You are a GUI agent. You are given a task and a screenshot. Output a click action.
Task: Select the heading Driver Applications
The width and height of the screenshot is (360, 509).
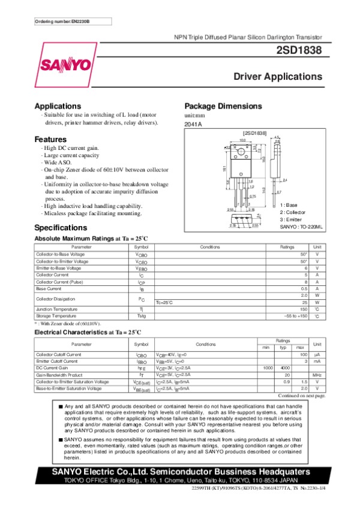pos(278,77)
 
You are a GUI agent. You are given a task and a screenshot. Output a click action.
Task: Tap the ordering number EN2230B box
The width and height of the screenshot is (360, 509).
pos(64,22)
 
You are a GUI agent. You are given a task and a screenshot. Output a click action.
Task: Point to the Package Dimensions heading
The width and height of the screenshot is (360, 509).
pos(223,106)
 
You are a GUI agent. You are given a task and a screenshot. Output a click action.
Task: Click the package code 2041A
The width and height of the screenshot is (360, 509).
pos(193,124)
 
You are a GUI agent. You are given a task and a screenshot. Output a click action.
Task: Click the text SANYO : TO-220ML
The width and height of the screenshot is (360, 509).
pos(301,227)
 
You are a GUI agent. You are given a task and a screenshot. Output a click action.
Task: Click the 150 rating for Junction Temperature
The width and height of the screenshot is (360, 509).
pos(304,309)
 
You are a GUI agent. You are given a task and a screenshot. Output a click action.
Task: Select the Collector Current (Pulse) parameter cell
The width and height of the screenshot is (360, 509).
pos(59,281)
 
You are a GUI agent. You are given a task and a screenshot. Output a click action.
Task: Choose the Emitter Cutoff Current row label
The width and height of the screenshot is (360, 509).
pos(57,362)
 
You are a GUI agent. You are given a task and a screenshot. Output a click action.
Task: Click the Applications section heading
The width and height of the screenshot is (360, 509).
pos(58,106)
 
